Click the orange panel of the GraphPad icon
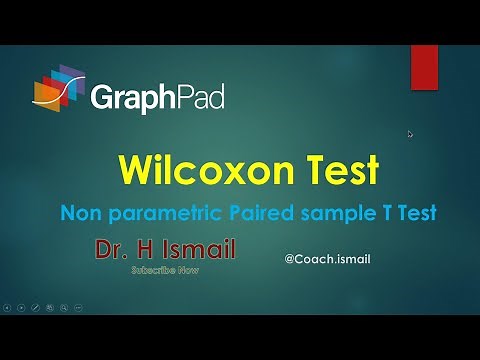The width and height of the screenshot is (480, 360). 44,93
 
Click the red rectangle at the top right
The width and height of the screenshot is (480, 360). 423,67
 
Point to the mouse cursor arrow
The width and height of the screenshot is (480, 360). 410,133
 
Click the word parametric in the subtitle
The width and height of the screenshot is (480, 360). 157,213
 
